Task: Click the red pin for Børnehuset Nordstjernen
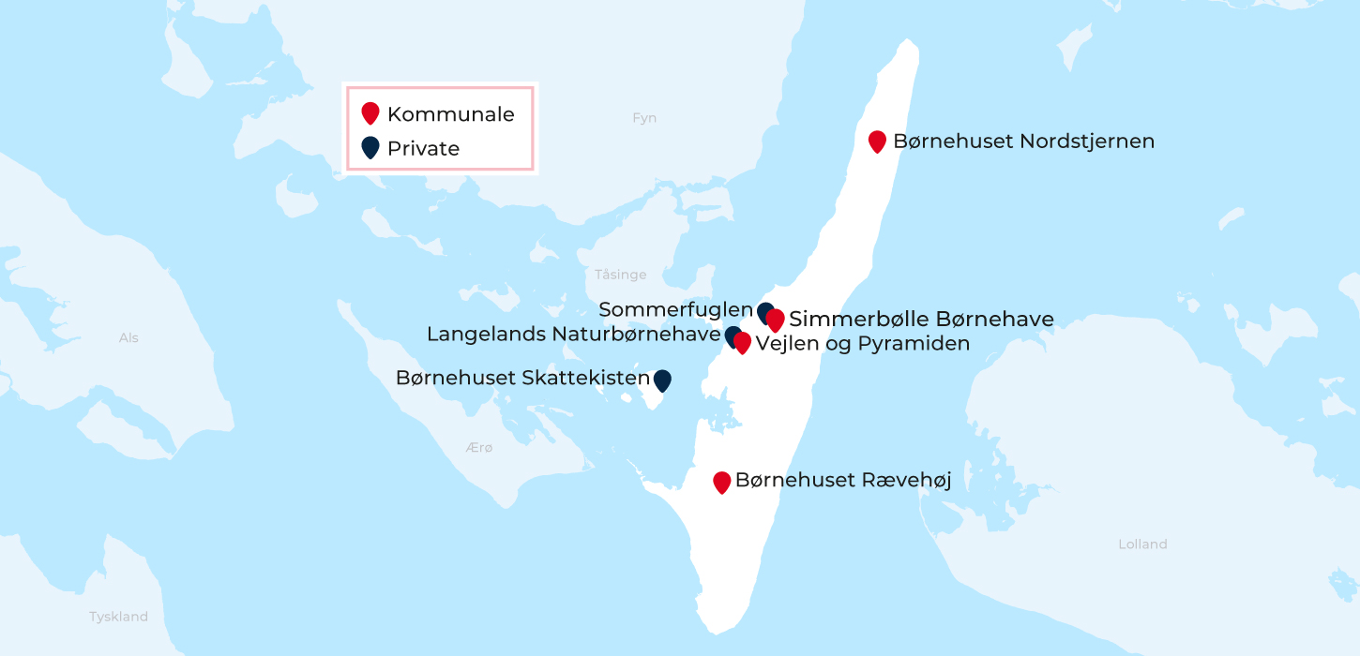pos(877,141)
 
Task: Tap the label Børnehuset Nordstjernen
pos(1023,142)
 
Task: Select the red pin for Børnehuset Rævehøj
pos(721,482)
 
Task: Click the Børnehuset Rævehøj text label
pos(843,481)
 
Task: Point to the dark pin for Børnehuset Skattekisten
pos(662,380)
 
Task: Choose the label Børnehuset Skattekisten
pos(522,379)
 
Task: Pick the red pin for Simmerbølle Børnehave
pos(776,320)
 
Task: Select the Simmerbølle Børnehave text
pos(921,320)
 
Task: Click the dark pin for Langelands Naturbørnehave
pos(732,335)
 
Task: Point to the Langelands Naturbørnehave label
pos(573,335)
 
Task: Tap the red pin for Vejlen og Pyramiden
pos(742,343)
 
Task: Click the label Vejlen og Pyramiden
pos(862,344)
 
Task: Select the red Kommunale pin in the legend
pos(370,113)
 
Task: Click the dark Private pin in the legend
pos(370,147)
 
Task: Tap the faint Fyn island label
pos(644,118)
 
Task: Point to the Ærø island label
pos(478,448)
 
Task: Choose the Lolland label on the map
pos(1142,544)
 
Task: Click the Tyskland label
pos(118,617)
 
